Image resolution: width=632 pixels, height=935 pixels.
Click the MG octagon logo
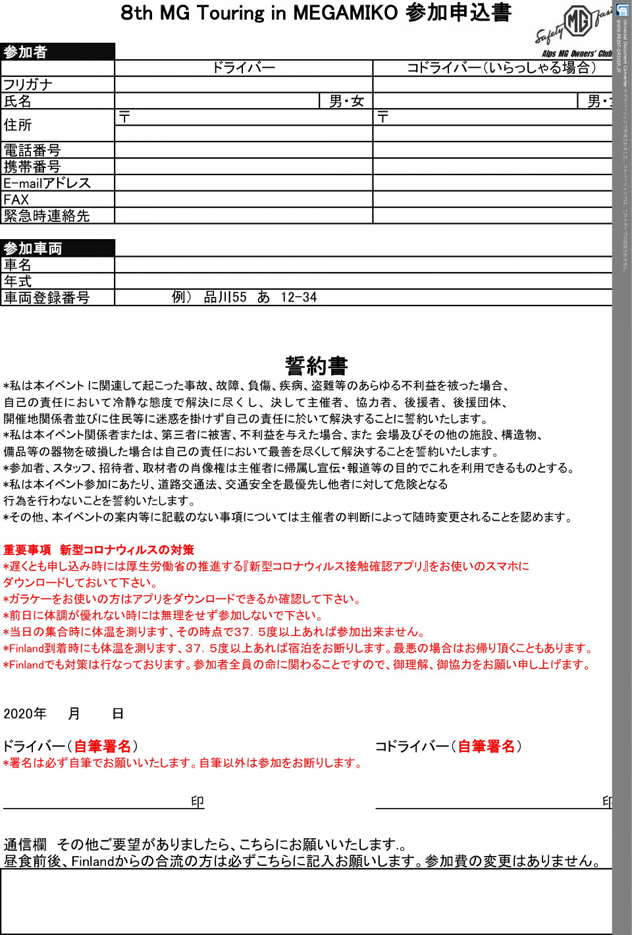click(x=578, y=22)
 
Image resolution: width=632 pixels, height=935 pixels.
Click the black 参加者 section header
click(x=57, y=52)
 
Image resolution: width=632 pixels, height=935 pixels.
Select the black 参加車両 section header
click(x=57, y=248)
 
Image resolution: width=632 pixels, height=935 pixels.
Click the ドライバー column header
click(x=244, y=68)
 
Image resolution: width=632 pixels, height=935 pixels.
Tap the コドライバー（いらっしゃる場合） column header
click(x=500, y=68)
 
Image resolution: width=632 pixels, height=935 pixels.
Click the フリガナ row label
click(x=28, y=84)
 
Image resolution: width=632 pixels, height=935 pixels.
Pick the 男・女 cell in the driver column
click(x=346, y=101)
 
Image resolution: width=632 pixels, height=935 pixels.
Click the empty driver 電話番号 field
click(x=244, y=150)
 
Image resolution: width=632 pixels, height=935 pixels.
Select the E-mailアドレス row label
click(x=47, y=183)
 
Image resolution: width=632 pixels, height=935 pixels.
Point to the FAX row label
click(x=16, y=200)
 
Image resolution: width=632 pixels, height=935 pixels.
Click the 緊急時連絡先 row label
click(x=47, y=216)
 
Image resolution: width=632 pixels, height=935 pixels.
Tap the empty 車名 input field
click(x=362, y=265)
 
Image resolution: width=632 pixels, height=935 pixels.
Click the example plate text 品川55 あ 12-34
click(x=260, y=298)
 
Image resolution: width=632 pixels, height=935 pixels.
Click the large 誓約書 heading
click(x=316, y=365)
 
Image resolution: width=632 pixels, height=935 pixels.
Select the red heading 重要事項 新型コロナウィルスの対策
click(x=99, y=550)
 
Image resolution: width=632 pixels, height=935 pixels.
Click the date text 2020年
click(x=25, y=714)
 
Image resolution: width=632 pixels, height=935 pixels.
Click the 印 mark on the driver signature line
click(x=197, y=801)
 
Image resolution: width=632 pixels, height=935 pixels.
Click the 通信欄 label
click(x=25, y=844)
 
